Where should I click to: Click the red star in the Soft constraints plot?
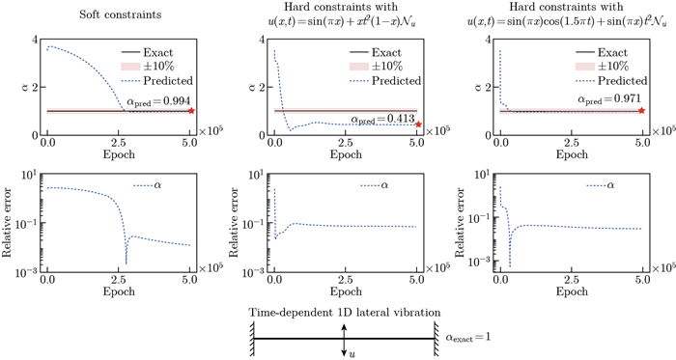(191, 111)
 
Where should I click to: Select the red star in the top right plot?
(641, 111)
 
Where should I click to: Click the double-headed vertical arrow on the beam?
(344, 339)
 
